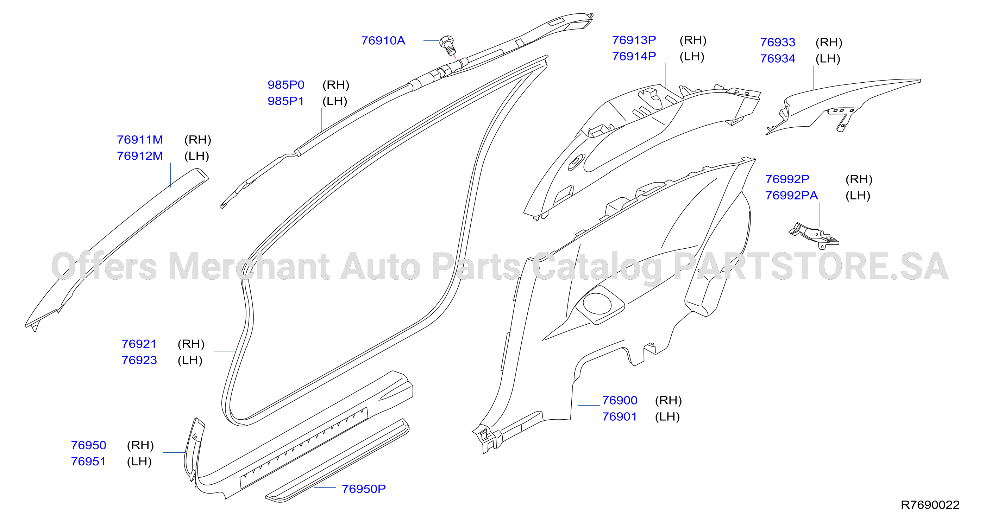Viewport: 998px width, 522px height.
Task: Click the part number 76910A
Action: tap(383, 41)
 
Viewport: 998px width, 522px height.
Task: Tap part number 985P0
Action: tap(286, 85)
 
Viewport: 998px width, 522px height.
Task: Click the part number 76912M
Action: tap(140, 156)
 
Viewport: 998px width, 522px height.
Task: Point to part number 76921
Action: tap(139, 344)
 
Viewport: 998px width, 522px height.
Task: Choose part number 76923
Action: tap(139, 360)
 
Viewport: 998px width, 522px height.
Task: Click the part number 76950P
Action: tap(363, 489)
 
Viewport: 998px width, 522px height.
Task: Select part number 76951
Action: tap(88, 461)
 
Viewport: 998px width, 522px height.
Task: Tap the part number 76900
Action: tap(620, 400)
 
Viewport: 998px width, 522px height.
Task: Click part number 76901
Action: tap(620, 417)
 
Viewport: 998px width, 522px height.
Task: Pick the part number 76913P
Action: tap(634, 40)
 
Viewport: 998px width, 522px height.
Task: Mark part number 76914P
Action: tap(634, 57)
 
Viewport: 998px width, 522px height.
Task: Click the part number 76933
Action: tap(778, 43)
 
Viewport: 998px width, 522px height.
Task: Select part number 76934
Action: tap(778, 59)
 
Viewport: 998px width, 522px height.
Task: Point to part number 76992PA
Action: tap(791, 196)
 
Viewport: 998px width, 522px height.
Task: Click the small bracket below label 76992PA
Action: tap(814, 235)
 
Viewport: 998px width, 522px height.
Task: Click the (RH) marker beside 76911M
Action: tap(197, 140)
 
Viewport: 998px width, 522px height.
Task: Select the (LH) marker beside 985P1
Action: tap(335, 101)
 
